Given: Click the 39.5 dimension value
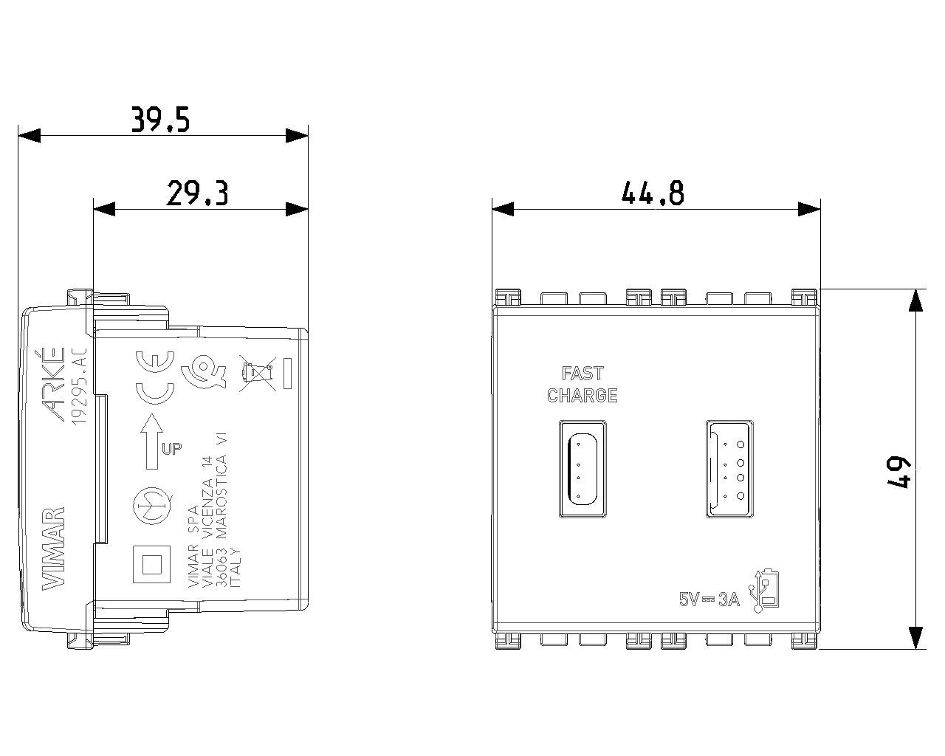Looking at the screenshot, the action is pyautogui.click(x=160, y=119).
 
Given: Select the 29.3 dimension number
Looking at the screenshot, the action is pyautogui.click(x=197, y=193).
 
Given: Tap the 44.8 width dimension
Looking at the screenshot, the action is pyautogui.click(x=653, y=193).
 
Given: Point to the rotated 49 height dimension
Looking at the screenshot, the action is pyautogui.click(x=899, y=472).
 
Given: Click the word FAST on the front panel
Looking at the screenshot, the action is pyautogui.click(x=583, y=374).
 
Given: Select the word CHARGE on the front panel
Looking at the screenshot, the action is pyautogui.click(x=583, y=396).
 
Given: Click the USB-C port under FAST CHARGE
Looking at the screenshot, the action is pyautogui.click(x=583, y=469).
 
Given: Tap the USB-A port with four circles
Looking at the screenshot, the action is pyautogui.click(x=730, y=469).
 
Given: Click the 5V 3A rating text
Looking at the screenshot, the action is pyautogui.click(x=709, y=599).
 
